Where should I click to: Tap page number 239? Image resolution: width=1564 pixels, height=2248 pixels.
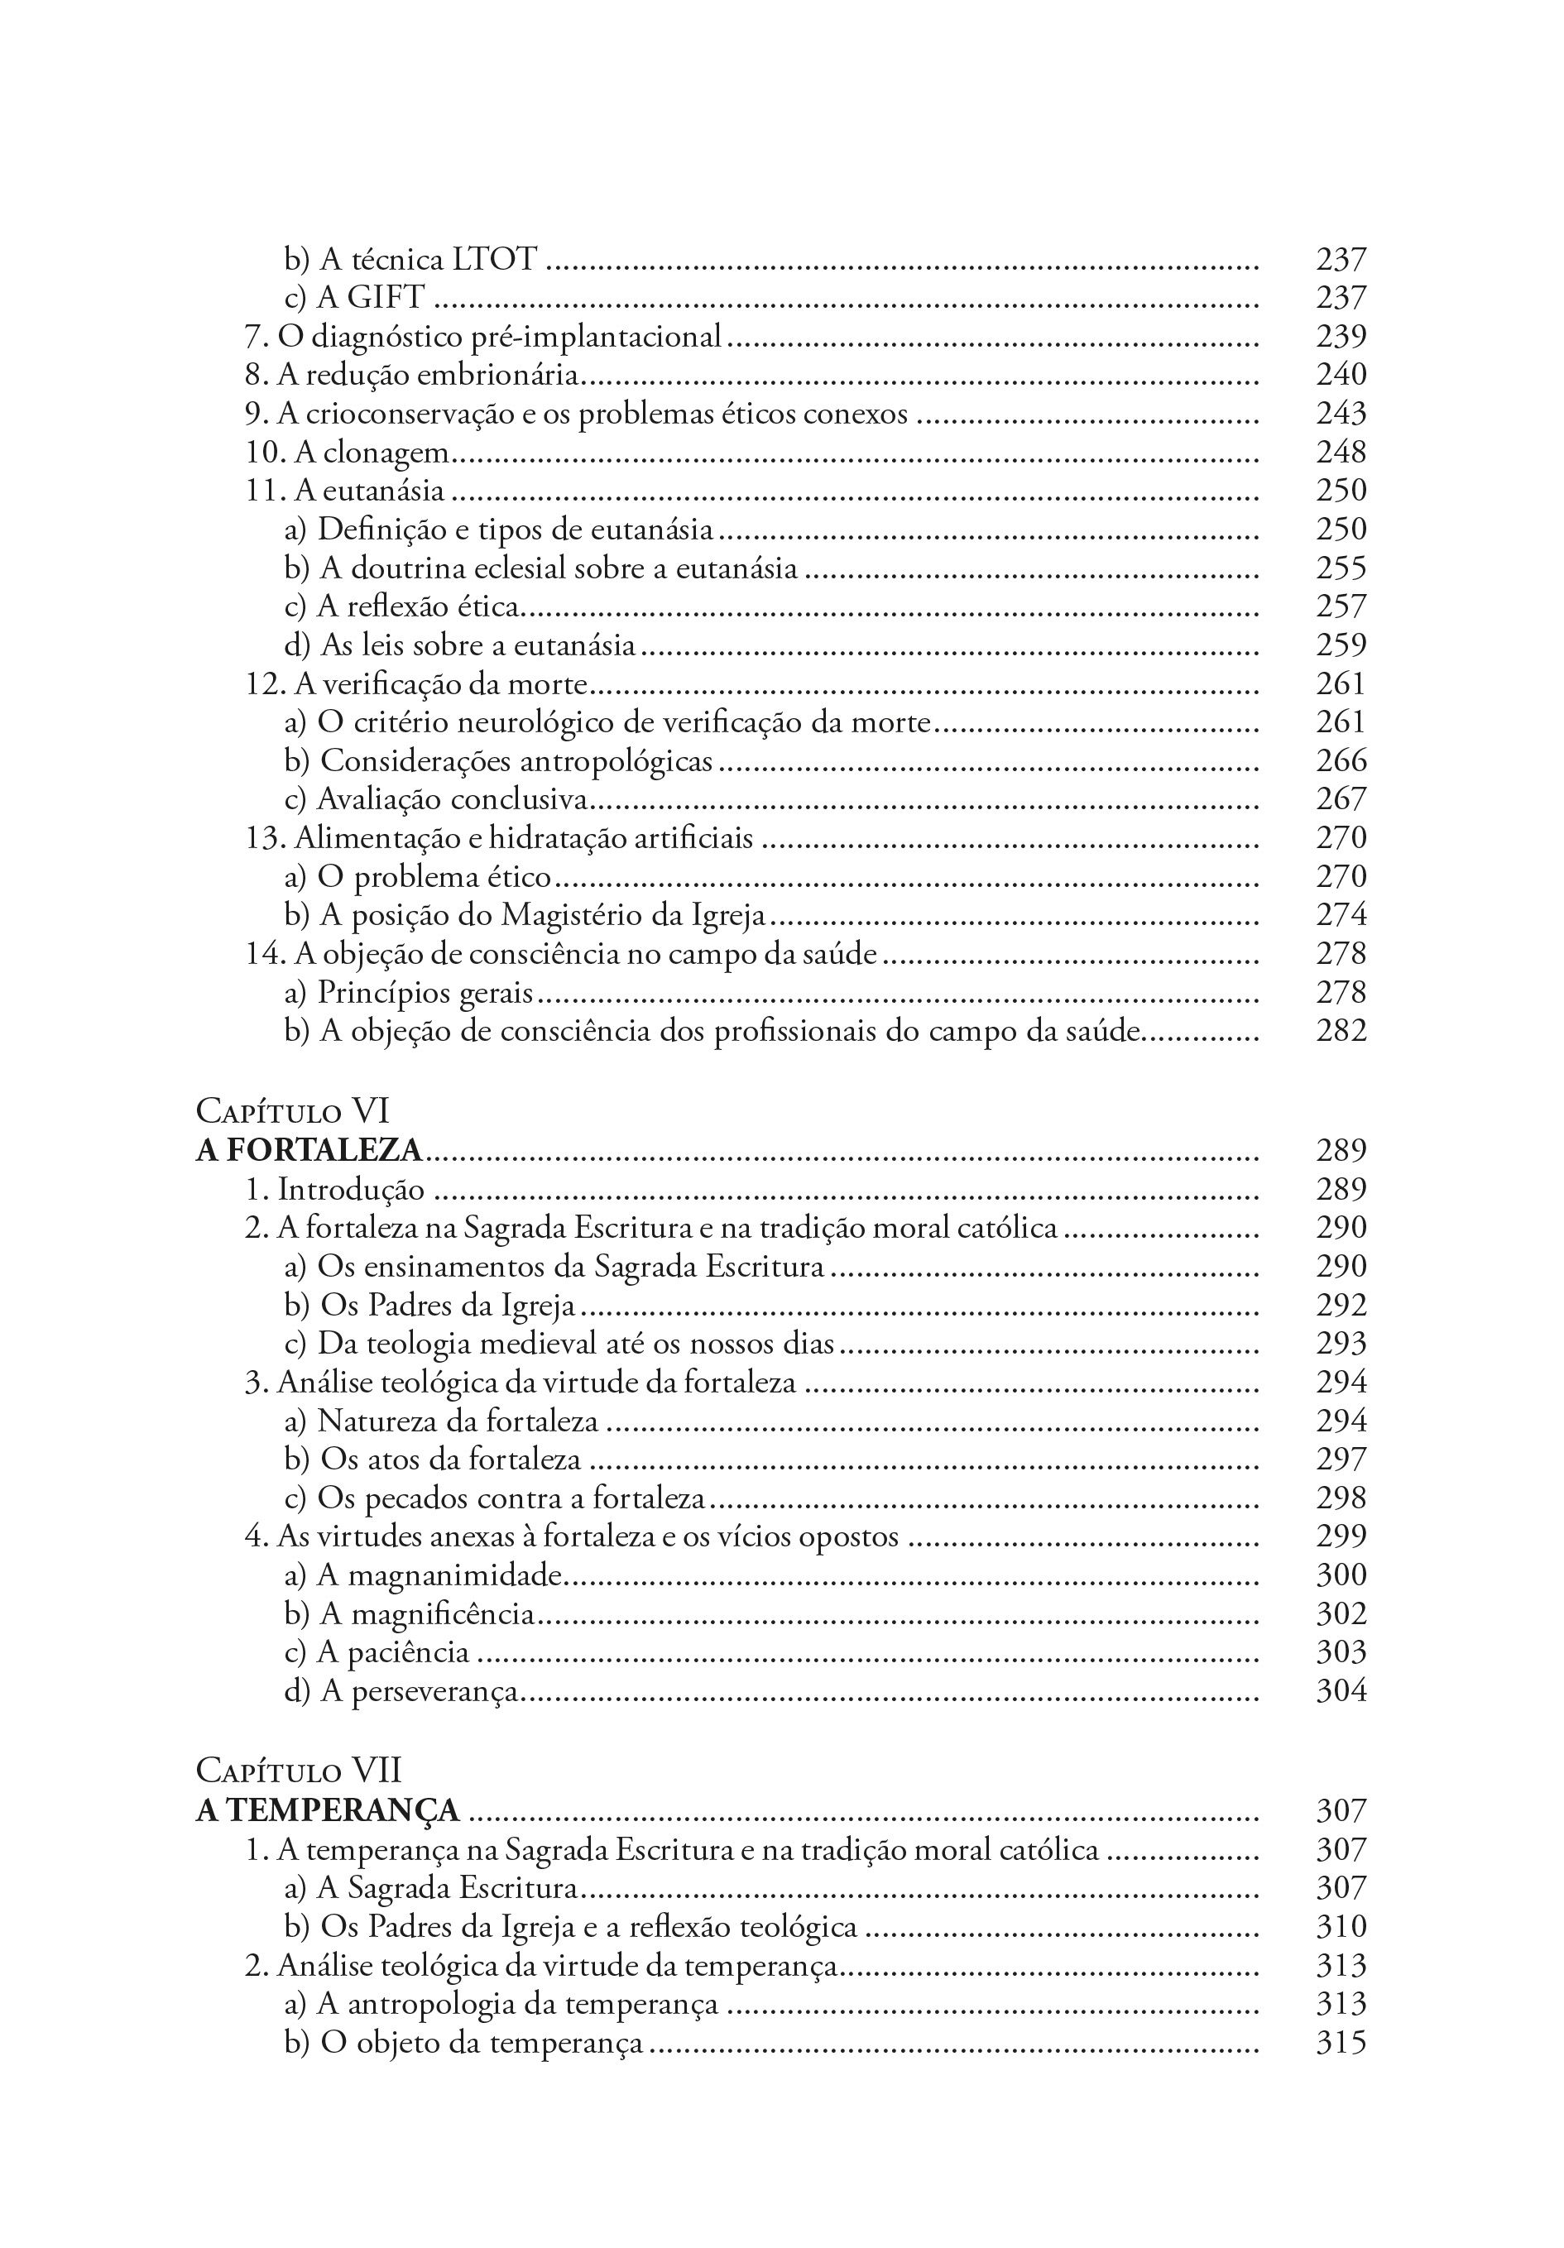pyautogui.click(x=1340, y=336)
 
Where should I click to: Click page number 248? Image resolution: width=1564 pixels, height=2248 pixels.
pyautogui.click(x=1340, y=453)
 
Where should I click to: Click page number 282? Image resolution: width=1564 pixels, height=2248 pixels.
pyautogui.click(x=1340, y=1030)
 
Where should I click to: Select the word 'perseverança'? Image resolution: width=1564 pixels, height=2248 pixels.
pyautogui.click(x=434, y=1692)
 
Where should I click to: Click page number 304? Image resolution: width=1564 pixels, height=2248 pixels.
pyautogui.click(x=1340, y=1691)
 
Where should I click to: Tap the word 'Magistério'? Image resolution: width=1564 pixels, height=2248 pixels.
pyautogui.click(x=572, y=915)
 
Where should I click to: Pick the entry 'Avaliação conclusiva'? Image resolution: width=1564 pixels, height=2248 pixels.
pyautogui.click(x=437, y=800)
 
